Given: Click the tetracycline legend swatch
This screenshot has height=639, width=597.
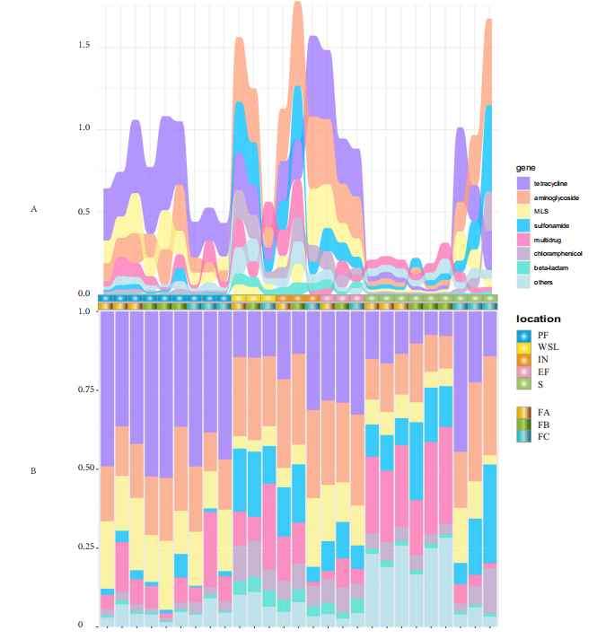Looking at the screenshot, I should (524, 183).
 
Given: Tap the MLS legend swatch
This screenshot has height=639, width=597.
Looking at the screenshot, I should (524, 211).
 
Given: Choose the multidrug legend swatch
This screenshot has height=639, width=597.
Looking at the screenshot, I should (524, 240).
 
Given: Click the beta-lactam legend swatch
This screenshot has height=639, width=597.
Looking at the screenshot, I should (524, 267).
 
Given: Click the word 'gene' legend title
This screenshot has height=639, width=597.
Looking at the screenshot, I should (524, 167).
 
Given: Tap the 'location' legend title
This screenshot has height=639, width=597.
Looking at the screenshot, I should (538, 319).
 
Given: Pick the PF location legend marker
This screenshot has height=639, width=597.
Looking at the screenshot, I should (524, 335).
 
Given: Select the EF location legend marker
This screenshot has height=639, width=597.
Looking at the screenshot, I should (524, 372).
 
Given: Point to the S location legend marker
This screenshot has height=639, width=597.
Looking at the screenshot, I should (524, 385).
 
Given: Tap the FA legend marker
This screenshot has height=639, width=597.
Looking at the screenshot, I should (524, 412).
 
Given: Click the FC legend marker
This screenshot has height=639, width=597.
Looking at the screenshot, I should (524, 436).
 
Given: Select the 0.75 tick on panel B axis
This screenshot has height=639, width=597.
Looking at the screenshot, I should (85, 390).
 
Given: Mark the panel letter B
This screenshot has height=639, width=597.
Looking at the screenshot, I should (33, 470).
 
